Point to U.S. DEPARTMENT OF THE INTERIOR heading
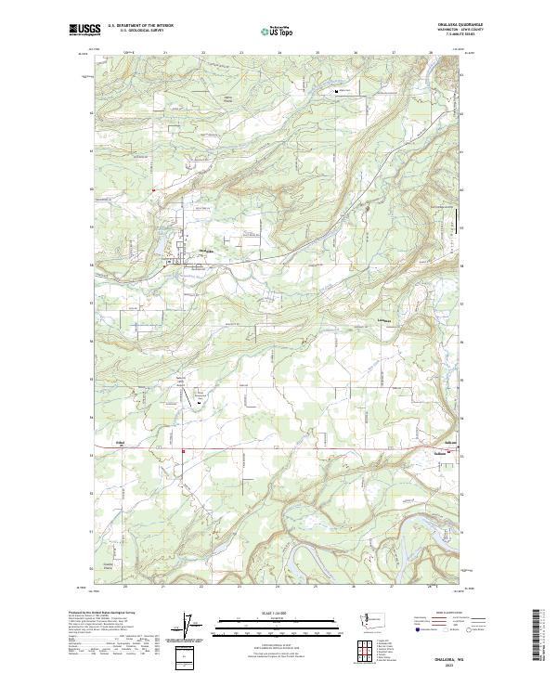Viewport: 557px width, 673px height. [140, 26]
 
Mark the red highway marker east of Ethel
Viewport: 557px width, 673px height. [183, 452]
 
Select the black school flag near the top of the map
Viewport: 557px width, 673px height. [336, 91]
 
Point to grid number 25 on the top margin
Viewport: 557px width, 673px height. [317, 53]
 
